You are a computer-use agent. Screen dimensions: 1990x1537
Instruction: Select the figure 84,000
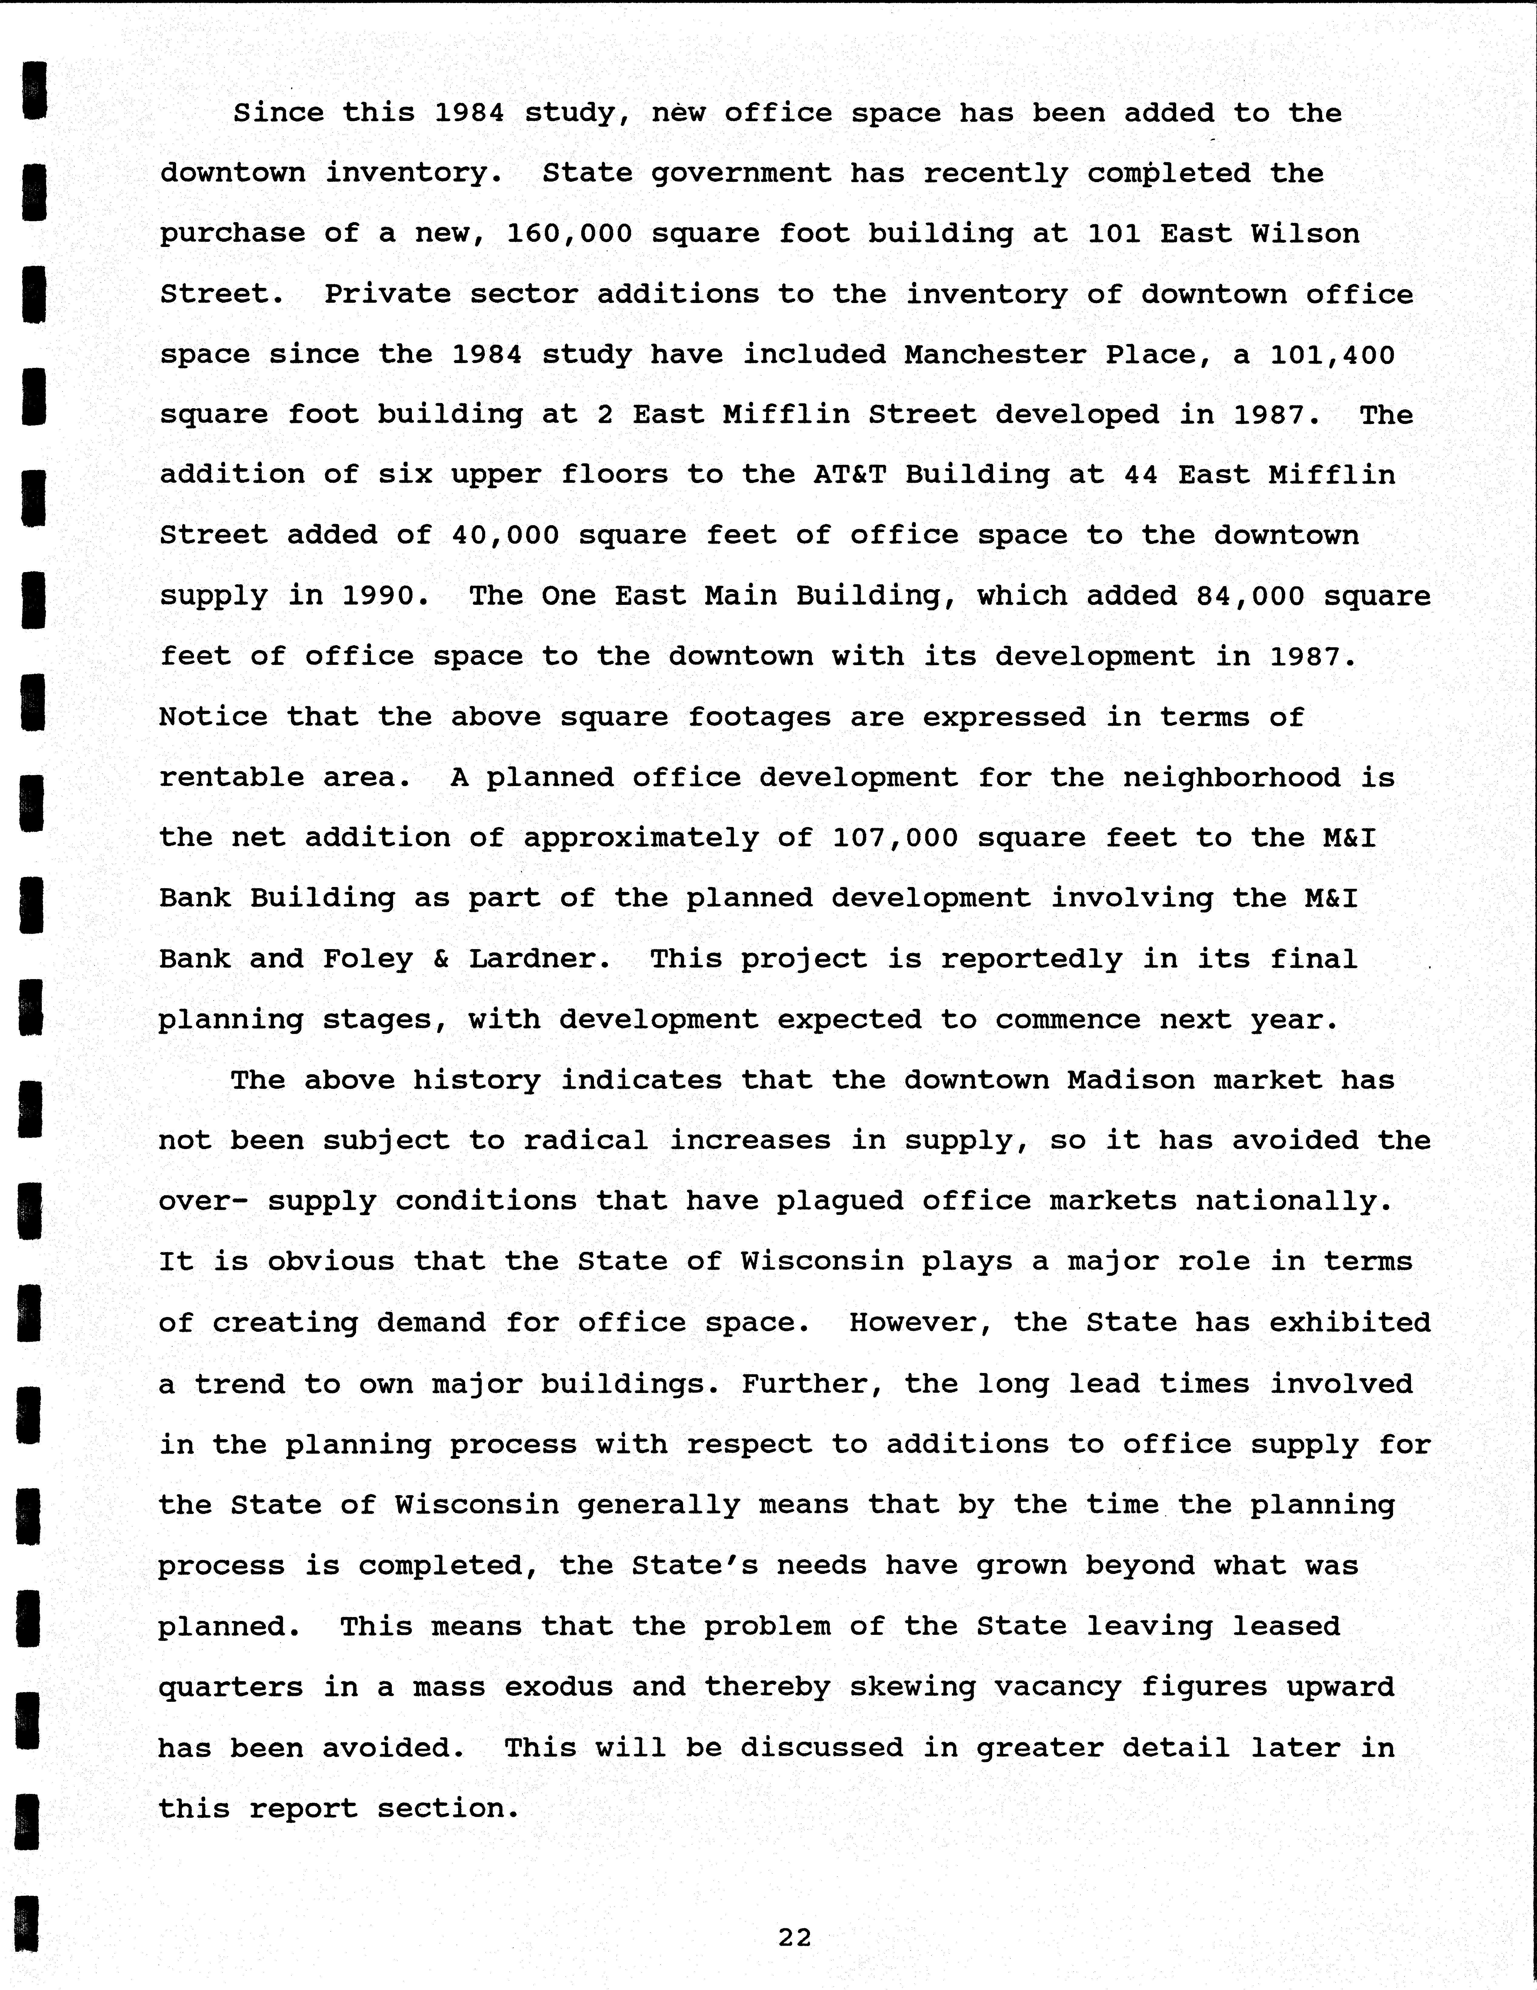pos(1250,596)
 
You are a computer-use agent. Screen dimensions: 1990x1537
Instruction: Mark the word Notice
pos(213,717)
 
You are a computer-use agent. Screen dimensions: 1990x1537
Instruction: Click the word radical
pos(586,1140)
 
